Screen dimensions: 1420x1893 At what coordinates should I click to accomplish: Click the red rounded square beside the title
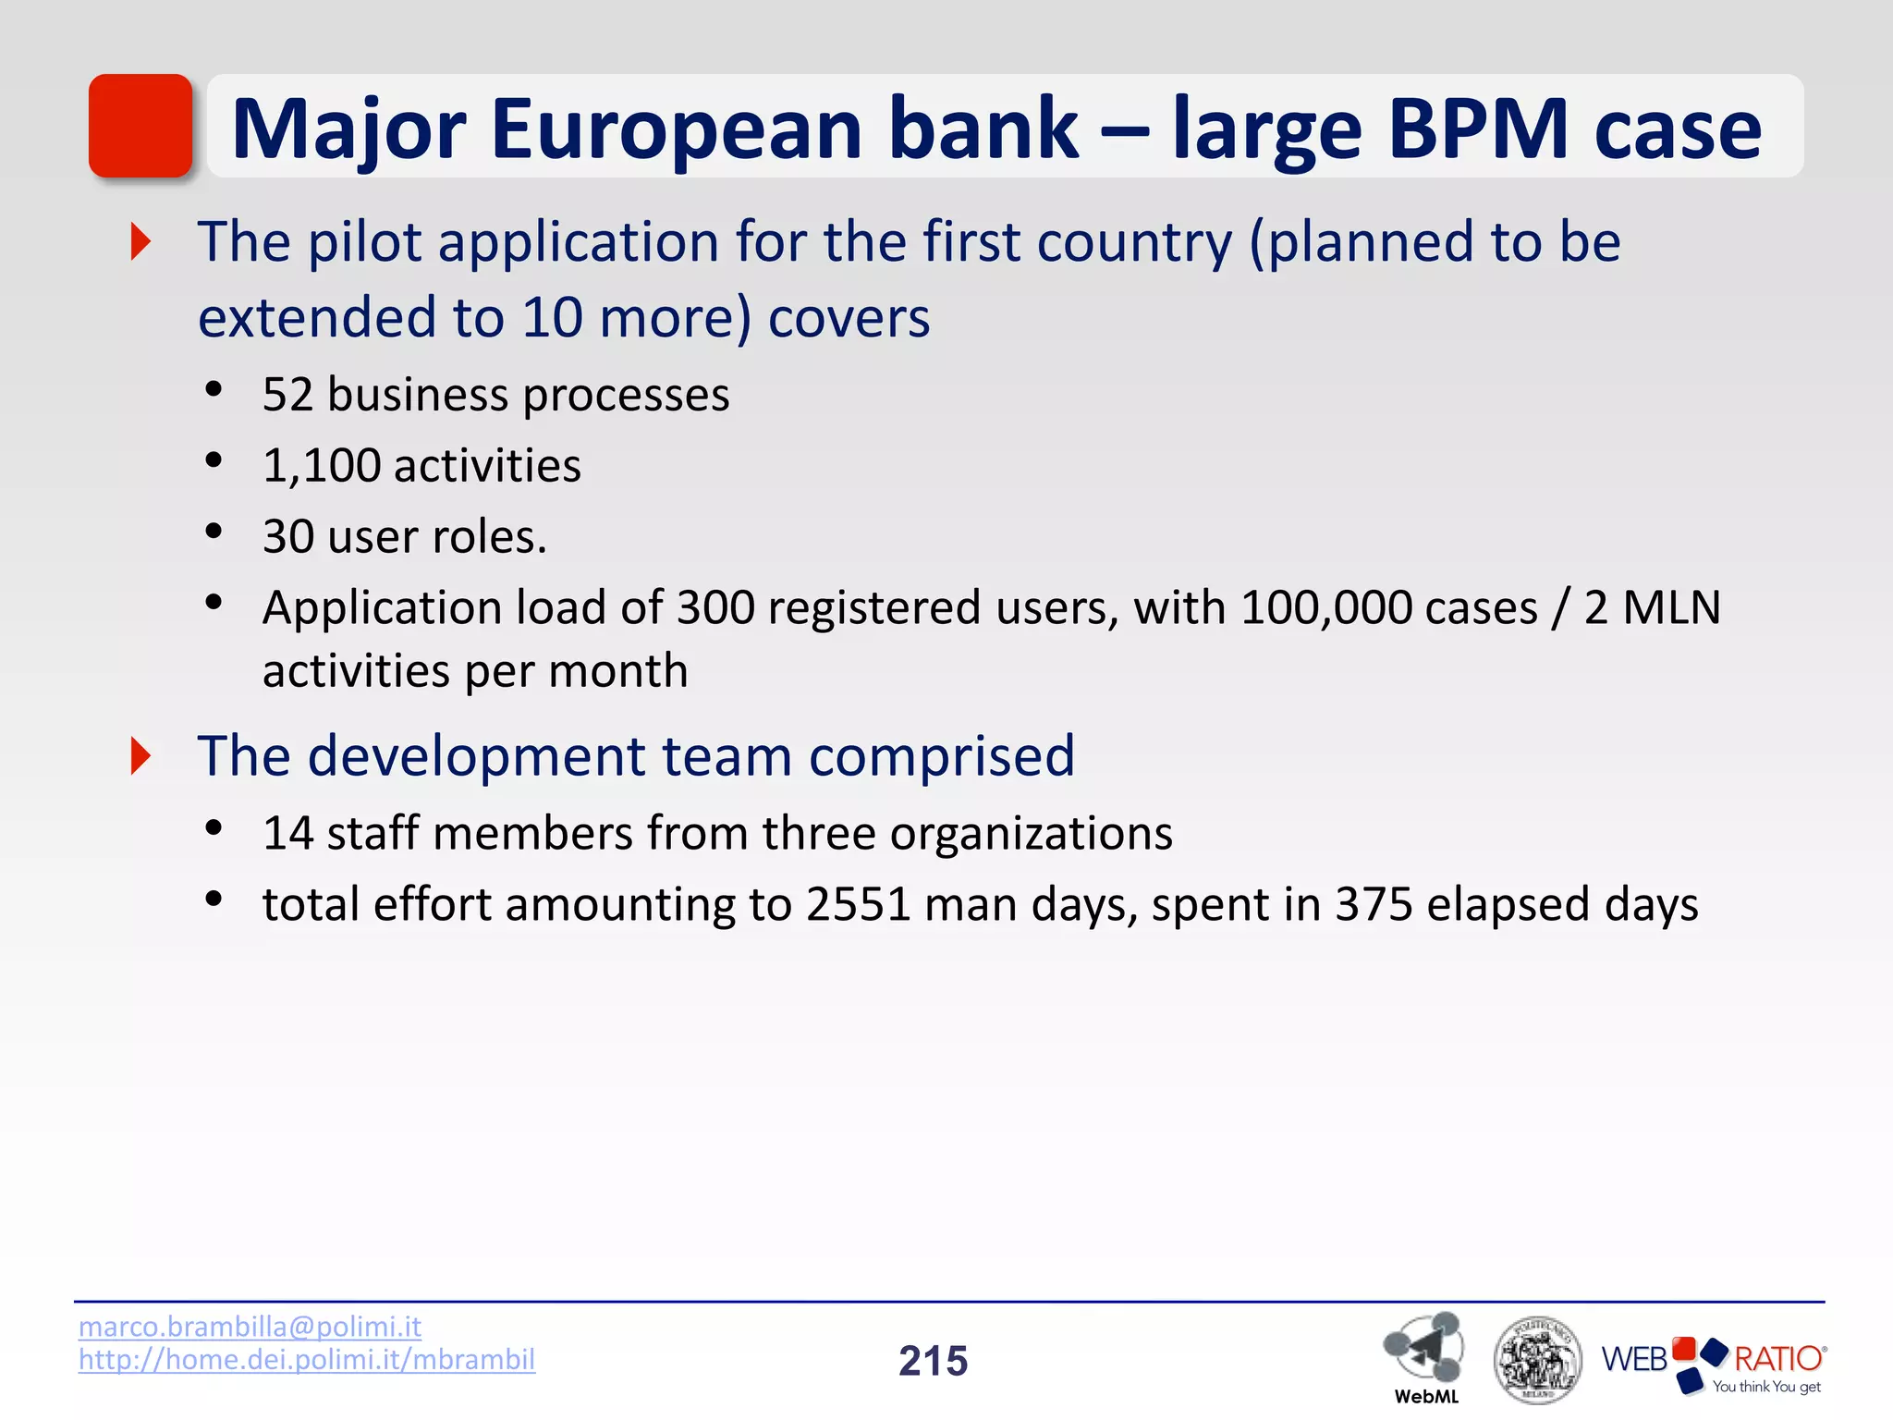pos(140,126)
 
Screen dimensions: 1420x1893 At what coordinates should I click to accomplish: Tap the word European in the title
pos(676,129)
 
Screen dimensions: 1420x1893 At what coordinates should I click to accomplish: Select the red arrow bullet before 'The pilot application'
pos(140,242)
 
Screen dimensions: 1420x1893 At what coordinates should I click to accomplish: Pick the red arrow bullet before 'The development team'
pos(140,756)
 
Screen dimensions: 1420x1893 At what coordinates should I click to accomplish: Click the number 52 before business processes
pos(287,395)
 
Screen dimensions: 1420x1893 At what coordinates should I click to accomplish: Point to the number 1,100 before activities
pos(322,465)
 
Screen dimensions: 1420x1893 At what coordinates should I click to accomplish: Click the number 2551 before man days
pos(859,904)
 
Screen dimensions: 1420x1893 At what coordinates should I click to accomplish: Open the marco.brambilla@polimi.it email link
pos(250,1326)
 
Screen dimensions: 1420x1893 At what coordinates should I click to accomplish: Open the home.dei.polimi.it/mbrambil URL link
pos(306,1359)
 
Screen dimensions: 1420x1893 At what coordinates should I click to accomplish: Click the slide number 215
pos(933,1361)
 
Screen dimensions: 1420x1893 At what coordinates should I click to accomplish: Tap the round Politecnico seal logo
pos(1536,1360)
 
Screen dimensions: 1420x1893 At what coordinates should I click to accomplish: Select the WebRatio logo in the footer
pos(1713,1363)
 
